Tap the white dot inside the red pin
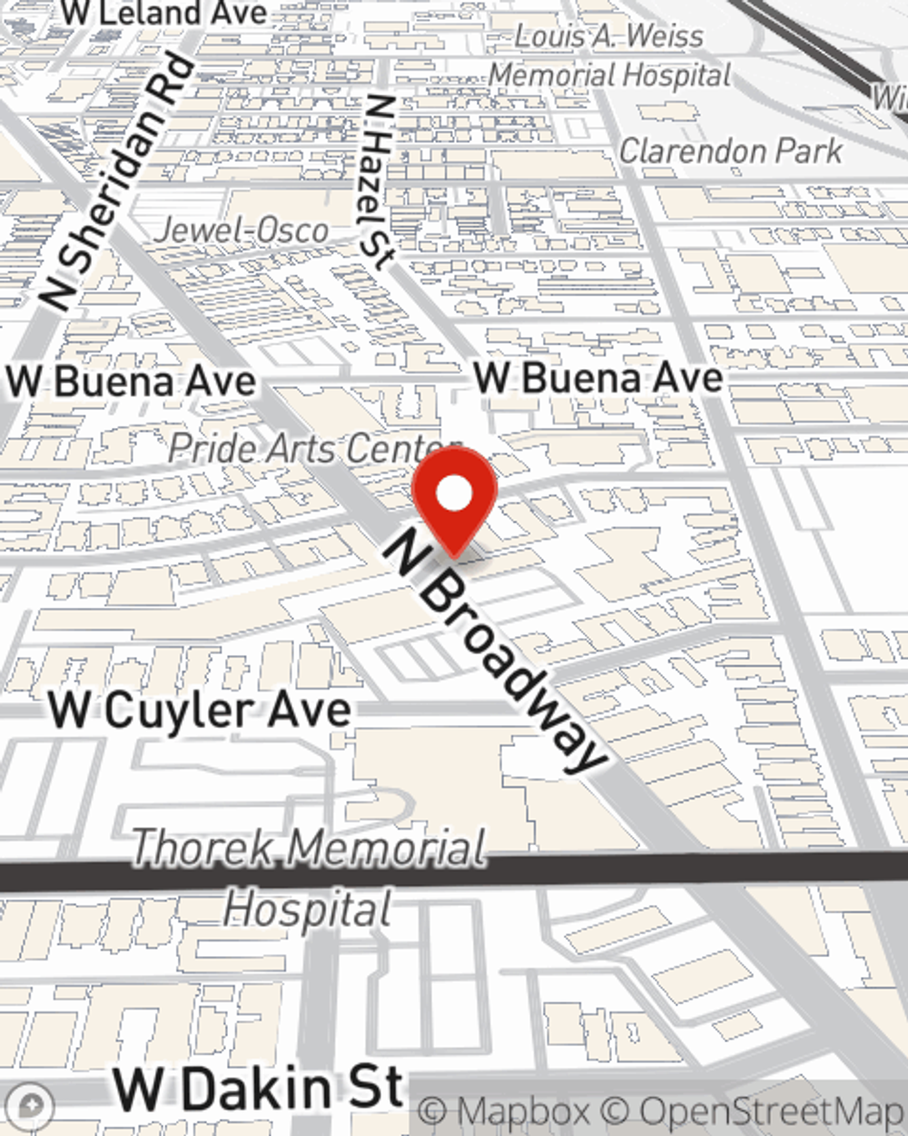(454, 495)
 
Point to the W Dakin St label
(258, 1088)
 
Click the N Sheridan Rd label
(118, 183)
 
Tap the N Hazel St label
(378, 182)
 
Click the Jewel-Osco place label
(241, 230)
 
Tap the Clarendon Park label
(731, 150)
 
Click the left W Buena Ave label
(132, 381)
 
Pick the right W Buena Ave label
(599, 377)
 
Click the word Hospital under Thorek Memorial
(309, 910)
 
